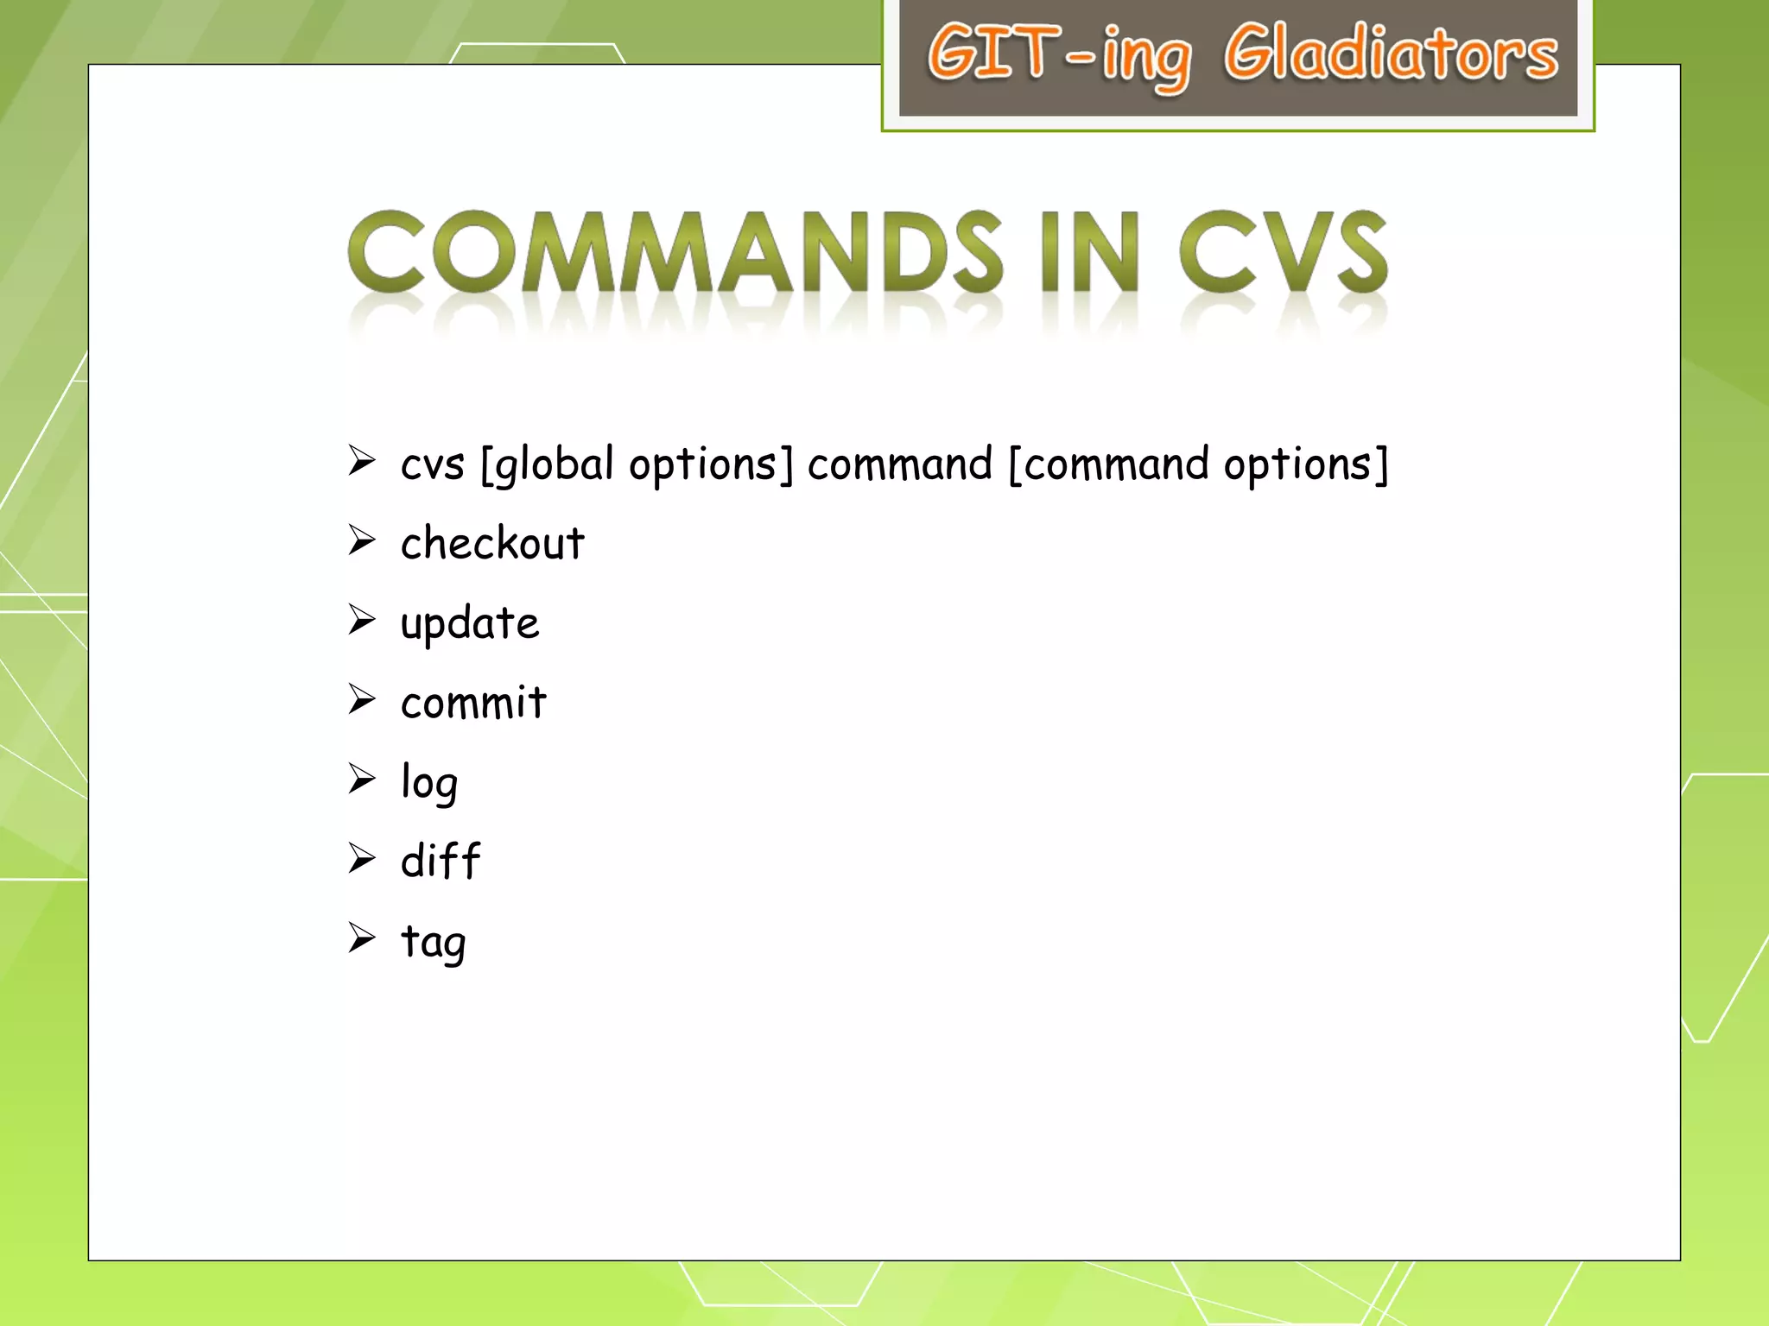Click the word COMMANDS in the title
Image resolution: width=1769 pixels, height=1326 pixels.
674,252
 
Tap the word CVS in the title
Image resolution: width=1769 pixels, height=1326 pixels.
1284,252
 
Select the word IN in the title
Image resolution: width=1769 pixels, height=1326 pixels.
1090,252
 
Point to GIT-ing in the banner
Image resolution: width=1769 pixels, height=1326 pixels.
1059,55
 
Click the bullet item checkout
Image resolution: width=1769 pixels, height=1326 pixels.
492,544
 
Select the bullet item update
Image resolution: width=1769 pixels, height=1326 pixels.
470,624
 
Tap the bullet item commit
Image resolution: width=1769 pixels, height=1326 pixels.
473,703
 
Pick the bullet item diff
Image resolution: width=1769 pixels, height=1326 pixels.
441,862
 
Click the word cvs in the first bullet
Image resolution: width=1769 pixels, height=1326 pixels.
433,466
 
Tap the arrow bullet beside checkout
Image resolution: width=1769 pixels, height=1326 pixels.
362,540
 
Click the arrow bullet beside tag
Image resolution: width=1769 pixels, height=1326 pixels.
362,938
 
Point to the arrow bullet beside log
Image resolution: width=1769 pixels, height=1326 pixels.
362,779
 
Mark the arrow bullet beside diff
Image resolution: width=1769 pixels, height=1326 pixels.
362,858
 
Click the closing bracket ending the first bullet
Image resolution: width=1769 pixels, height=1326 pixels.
1381,466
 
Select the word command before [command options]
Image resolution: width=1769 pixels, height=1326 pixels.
900,466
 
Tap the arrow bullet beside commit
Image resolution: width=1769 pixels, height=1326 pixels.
362,699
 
